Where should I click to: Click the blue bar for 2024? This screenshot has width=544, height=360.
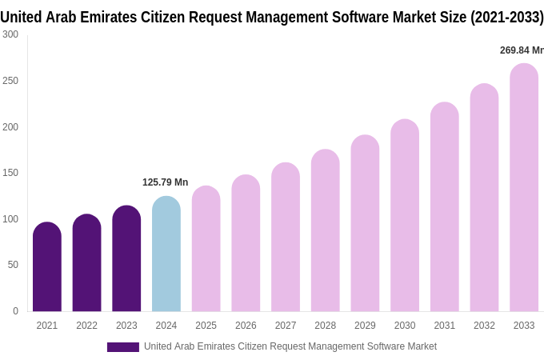click(x=166, y=254)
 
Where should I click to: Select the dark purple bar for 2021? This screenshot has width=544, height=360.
click(x=47, y=267)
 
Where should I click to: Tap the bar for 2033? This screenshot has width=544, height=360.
click(x=524, y=188)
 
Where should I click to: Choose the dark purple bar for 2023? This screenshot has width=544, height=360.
click(x=126, y=259)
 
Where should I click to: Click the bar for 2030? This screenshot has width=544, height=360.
click(x=405, y=216)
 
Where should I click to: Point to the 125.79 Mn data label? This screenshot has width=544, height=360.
click(x=165, y=182)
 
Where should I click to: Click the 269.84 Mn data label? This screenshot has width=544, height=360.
click(x=521, y=50)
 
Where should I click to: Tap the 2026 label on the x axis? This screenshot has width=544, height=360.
click(x=246, y=326)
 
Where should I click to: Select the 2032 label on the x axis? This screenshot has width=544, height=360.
click(x=484, y=326)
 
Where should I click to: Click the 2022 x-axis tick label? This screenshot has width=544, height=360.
click(x=86, y=326)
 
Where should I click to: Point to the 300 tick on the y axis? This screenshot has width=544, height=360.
click(x=10, y=34)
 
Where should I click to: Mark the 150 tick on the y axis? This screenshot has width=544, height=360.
click(x=10, y=173)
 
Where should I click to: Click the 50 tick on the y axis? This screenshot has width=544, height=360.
click(x=13, y=265)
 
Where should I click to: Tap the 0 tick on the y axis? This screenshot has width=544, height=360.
click(x=15, y=311)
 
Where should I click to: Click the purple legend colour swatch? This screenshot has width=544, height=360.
click(x=122, y=347)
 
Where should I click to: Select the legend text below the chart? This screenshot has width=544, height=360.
click(x=290, y=346)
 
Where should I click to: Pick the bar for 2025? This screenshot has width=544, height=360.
click(x=206, y=250)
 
